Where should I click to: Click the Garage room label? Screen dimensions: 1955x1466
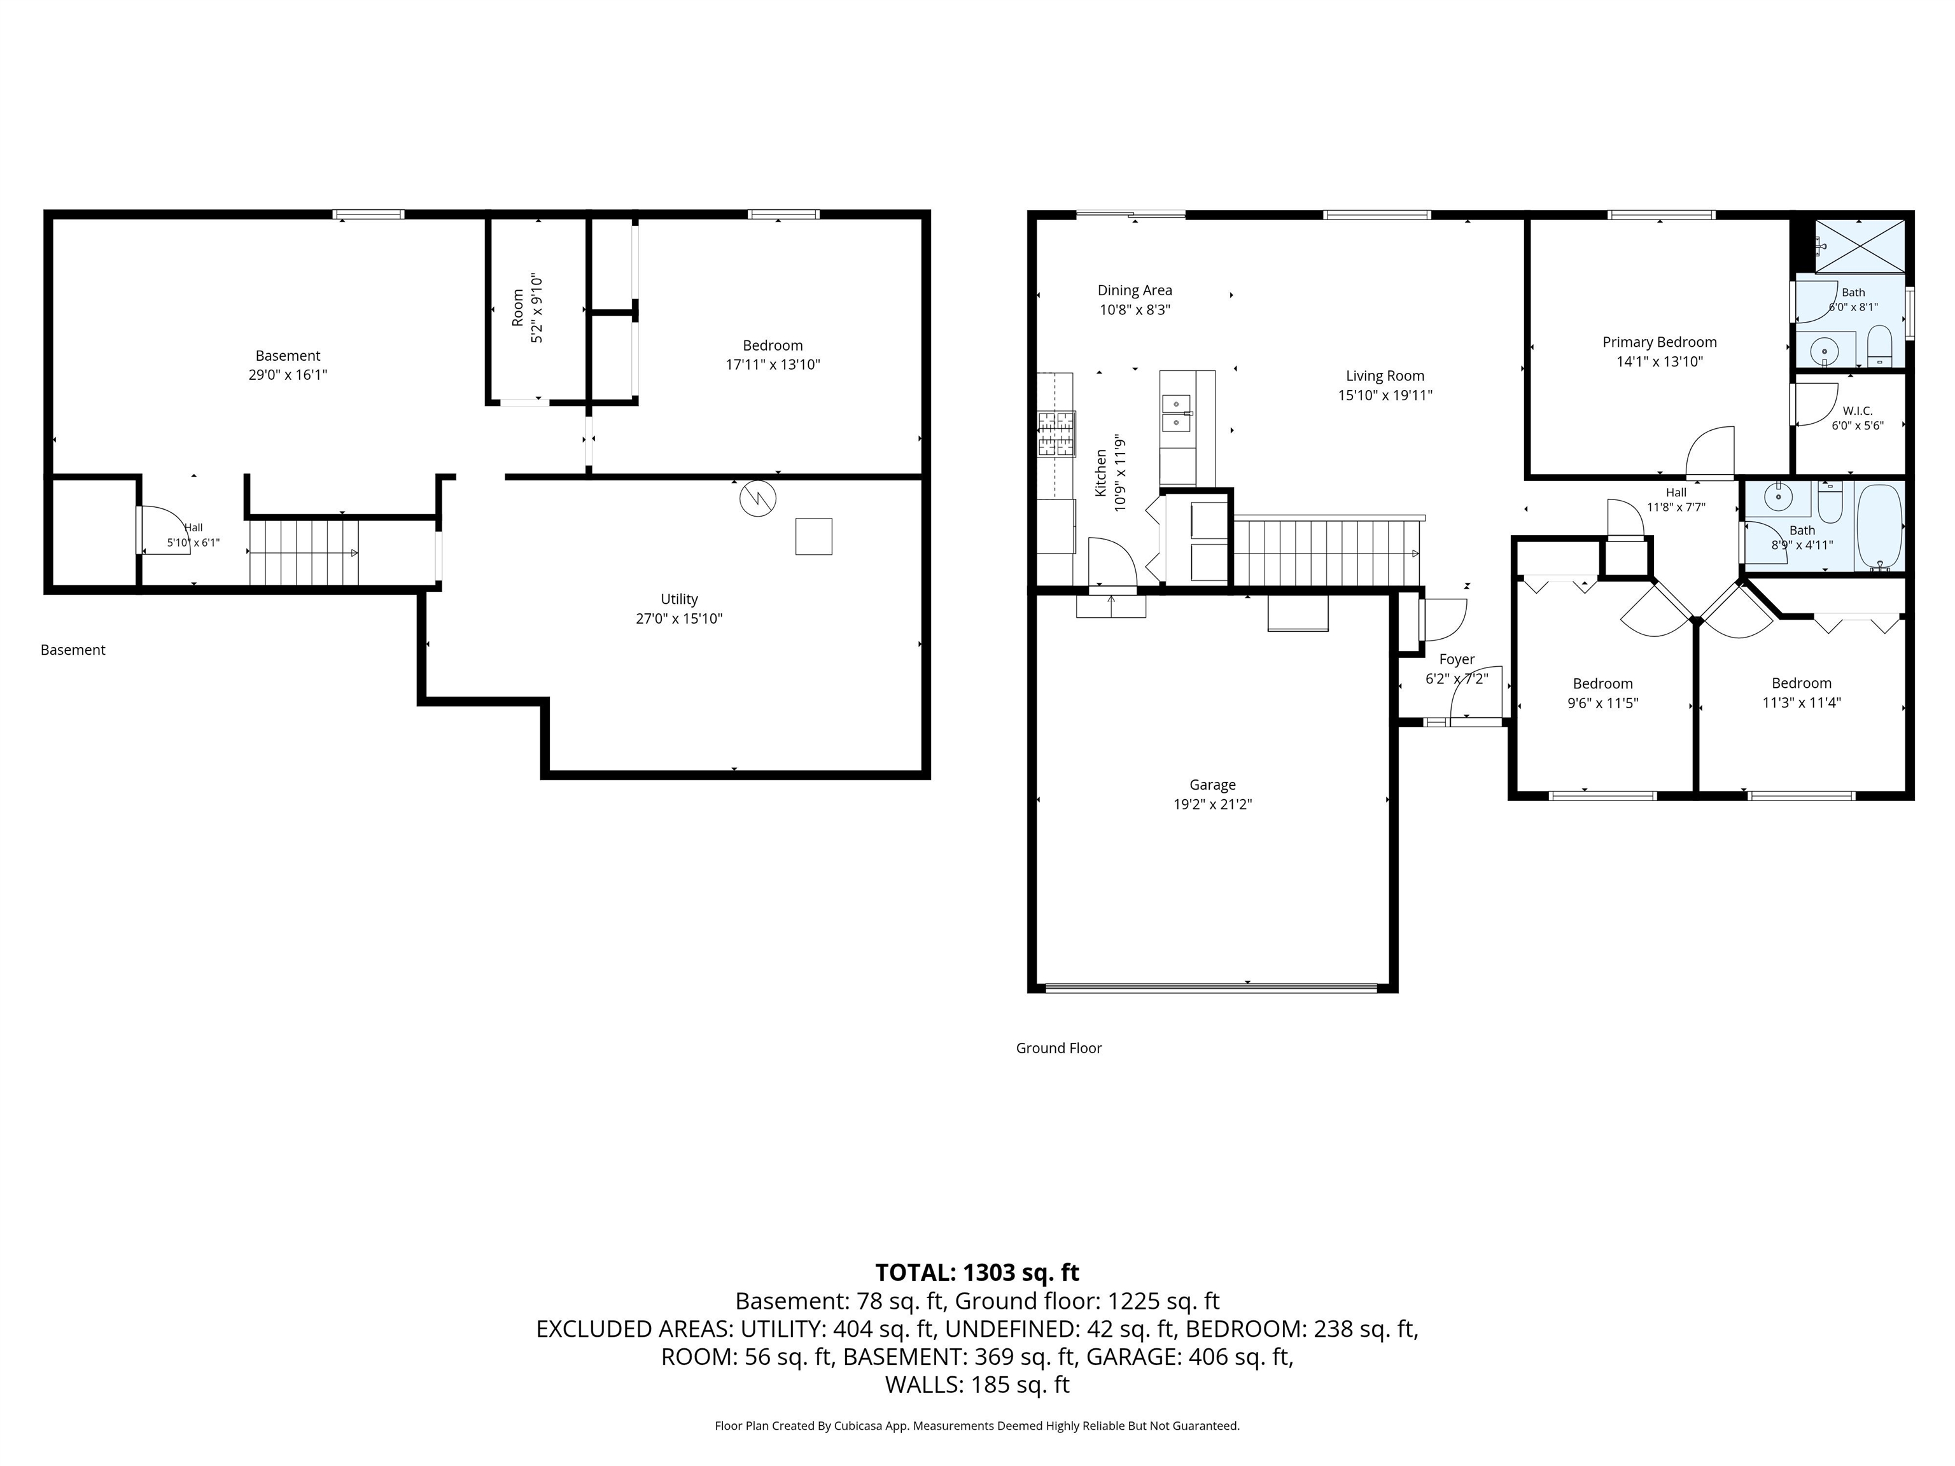click(x=1212, y=785)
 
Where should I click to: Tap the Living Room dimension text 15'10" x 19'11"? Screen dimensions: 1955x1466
click(x=1385, y=396)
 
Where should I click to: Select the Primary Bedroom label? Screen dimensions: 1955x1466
click(x=1659, y=342)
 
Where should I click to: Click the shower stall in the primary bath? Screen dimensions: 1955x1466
click(x=1860, y=246)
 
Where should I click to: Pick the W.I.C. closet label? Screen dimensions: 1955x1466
click(x=1857, y=411)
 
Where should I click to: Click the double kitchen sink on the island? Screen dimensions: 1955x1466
click(x=1176, y=414)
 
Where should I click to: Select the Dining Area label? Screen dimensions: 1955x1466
click(x=1135, y=290)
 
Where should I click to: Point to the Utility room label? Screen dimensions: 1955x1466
click(x=679, y=599)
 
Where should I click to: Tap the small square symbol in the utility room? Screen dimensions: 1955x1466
click(x=813, y=536)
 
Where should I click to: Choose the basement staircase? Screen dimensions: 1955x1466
click(x=303, y=553)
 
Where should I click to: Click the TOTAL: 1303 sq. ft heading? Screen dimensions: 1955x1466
click(x=977, y=1273)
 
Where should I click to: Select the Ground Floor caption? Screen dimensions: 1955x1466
click(x=1059, y=1048)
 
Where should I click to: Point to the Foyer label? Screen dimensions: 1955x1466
click(x=1457, y=659)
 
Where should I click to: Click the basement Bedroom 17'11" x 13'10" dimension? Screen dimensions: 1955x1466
click(x=773, y=365)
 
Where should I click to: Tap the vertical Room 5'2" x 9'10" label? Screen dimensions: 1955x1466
click(x=528, y=309)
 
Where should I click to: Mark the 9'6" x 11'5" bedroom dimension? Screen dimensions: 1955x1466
click(x=1602, y=703)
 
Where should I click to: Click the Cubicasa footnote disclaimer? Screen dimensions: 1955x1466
click(x=977, y=1425)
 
